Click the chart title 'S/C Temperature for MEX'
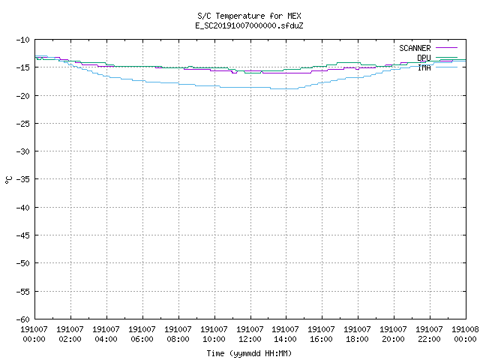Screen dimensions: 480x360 (x=249, y=16)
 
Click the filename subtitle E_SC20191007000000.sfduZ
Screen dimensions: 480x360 (x=249, y=25)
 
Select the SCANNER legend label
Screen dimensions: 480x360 (x=415, y=48)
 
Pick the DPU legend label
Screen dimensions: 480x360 (x=424, y=58)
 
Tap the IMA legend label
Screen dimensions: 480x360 (x=424, y=67)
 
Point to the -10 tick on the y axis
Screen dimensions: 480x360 (x=23, y=40)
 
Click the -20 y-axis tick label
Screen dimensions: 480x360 (x=23, y=96)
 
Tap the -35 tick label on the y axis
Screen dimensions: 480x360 (x=23, y=179)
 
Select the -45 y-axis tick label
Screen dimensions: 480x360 (x=23, y=235)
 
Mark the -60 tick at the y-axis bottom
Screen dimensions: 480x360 (x=23, y=319)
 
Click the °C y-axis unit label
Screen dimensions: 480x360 (x=8, y=180)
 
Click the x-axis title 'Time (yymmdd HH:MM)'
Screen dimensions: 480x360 (x=249, y=353)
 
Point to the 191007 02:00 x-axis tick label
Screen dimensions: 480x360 (x=70, y=334)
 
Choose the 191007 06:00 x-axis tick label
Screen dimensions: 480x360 (x=142, y=334)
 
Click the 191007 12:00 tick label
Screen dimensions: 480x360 (x=250, y=334)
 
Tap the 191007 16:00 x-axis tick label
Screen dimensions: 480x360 (x=321, y=334)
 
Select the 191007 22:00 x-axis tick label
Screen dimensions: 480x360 (x=429, y=334)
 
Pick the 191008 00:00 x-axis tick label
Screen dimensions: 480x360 (x=465, y=334)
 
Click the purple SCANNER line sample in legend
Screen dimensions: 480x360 (x=446, y=48)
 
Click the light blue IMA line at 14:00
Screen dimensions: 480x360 (x=286, y=88)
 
